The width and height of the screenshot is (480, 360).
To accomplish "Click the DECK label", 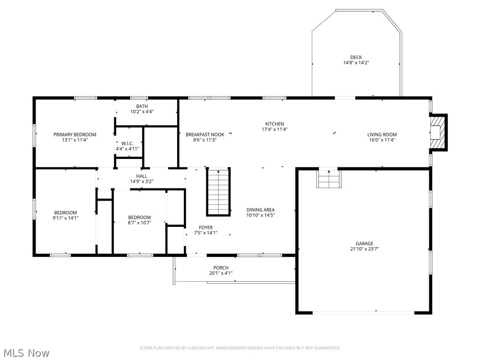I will coord(356,57).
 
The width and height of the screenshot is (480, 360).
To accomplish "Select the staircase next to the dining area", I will coord(219,192).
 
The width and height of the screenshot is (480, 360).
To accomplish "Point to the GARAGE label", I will coord(364,243).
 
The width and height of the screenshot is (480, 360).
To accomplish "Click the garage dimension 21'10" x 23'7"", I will coord(364,249).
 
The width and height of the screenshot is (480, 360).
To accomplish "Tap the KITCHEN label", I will coord(275,124).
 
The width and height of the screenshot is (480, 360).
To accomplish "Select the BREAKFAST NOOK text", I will coord(205,135).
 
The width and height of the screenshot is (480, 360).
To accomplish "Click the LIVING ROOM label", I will coord(382,135).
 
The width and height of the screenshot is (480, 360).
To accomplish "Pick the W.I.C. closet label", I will coord(128,143).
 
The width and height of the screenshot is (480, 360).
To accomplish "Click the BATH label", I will coord(142,106).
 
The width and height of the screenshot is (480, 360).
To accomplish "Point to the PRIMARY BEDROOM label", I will coord(75,135).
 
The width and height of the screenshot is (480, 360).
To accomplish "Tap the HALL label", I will coord(142,176).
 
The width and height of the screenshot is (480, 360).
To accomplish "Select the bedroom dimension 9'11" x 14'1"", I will coord(65,218).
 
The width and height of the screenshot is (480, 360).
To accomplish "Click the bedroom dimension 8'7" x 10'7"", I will coord(140,223).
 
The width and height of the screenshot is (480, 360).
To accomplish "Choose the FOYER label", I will coord(206,227).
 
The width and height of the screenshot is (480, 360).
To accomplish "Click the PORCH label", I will coord(221,268).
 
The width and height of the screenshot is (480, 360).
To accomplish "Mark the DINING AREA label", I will coord(261,210).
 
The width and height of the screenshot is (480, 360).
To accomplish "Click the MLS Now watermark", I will coord(26,352).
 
